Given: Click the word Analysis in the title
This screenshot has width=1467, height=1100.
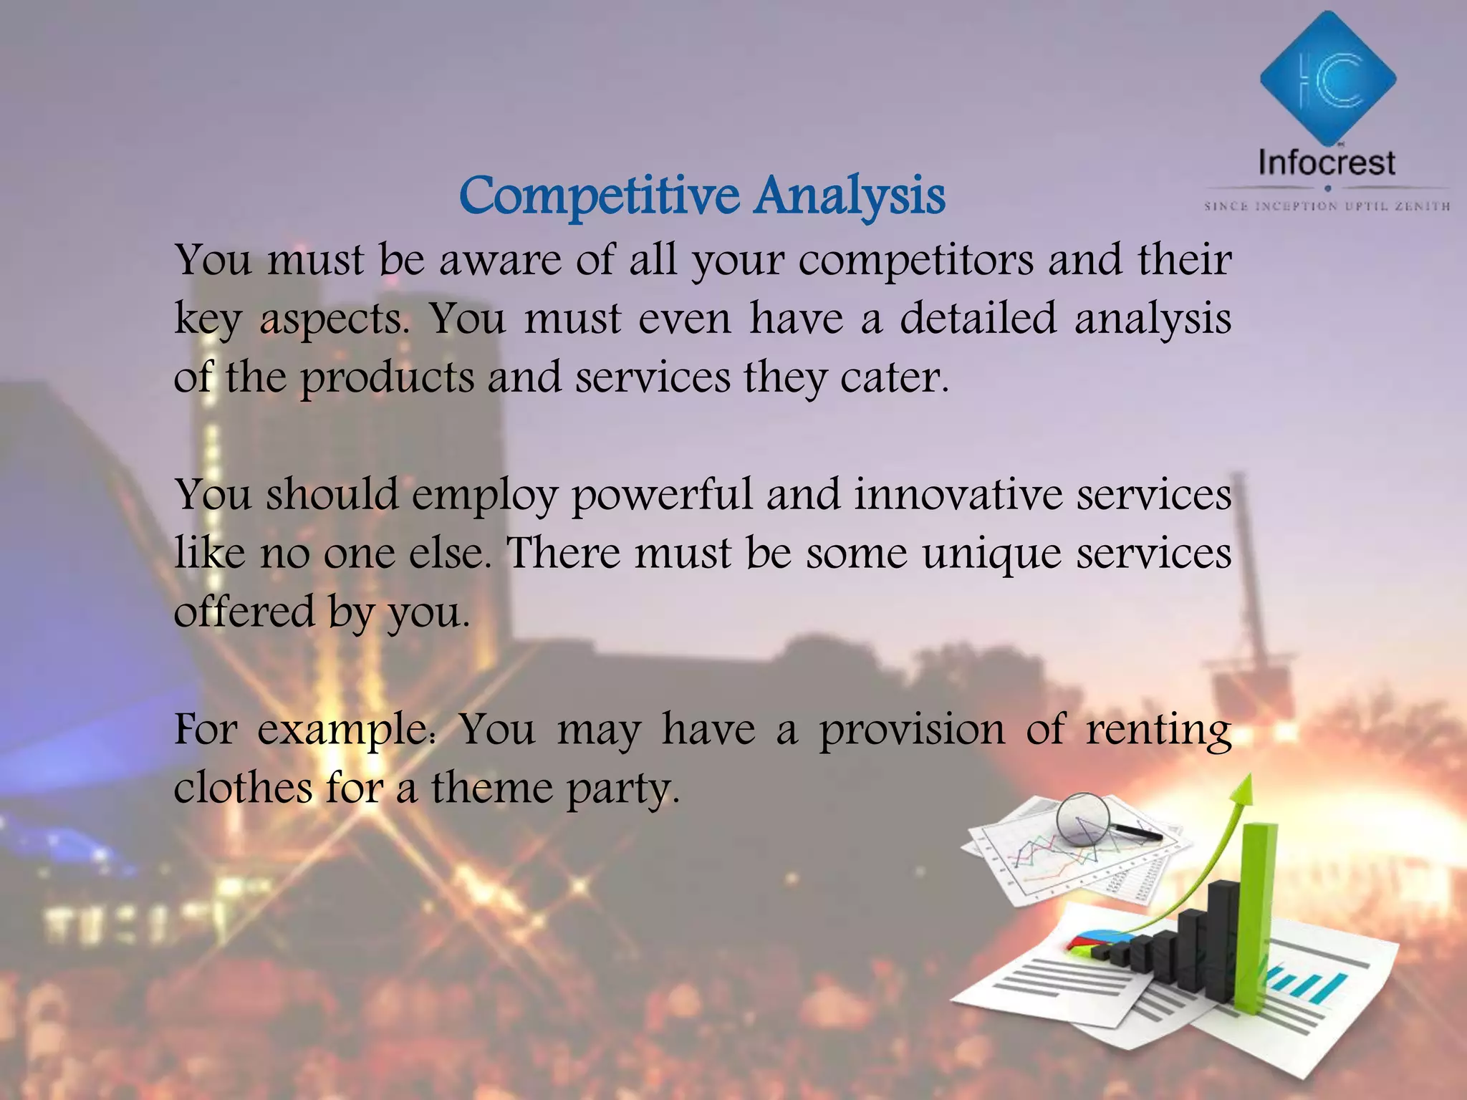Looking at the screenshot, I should pyautogui.click(x=850, y=196).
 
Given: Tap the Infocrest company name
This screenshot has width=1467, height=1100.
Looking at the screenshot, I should pyautogui.click(x=1327, y=163).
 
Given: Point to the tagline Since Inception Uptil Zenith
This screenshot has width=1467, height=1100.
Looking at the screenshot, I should pyautogui.click(x=1327, y=206).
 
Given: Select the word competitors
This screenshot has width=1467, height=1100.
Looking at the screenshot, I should pyautogui.click(x=916, y=261).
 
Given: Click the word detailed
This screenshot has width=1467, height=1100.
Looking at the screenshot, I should pyautogui.click(x=978, y=318).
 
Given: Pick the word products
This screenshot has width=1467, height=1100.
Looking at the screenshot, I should pyautogui.click(x=387, y=378).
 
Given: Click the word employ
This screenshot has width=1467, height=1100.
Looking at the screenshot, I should pyautogui.click(x=484, y=496).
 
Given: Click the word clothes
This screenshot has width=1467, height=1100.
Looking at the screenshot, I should pyautogui.click(x=243, y=788).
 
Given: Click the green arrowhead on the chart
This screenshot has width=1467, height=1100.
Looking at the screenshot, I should pyautogui.click(x=1244, y=791).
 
